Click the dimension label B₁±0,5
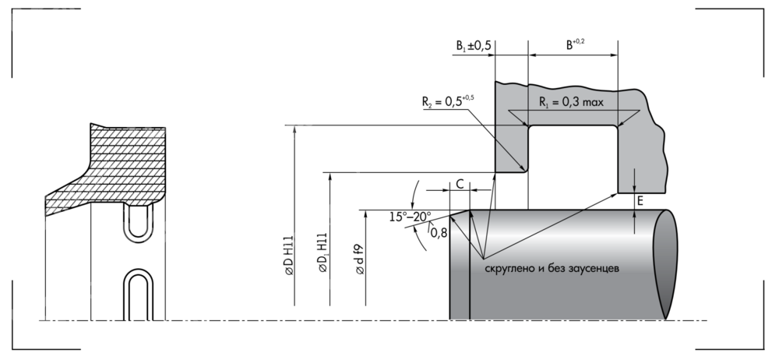coord(473,46)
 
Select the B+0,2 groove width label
coord(575,45)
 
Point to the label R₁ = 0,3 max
coord(572,101)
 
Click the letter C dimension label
coord(460,184)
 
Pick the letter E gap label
coord(640,202)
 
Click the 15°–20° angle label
coord(411,217)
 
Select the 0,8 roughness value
coord(439,231)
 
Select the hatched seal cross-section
coord(125,168)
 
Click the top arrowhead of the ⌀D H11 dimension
coord(295,129)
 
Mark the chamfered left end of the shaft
coord(460,265)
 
